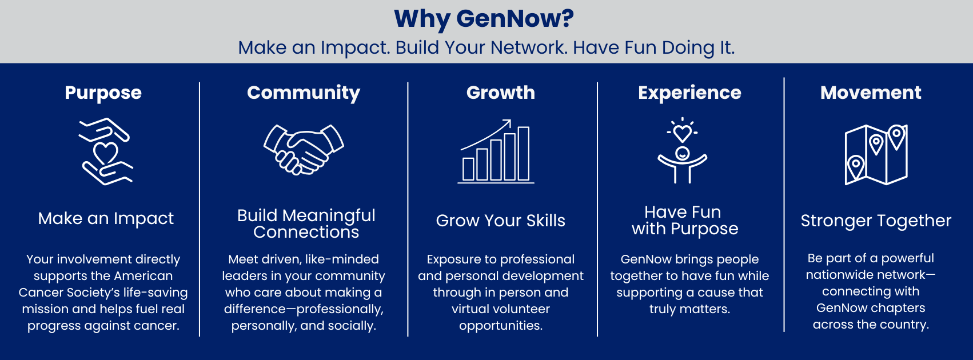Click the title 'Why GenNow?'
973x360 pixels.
484,19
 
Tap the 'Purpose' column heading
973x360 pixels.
103,93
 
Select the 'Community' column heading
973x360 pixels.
304,93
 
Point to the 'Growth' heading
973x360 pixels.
501,93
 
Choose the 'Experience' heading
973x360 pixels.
690,93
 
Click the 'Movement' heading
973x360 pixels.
871,93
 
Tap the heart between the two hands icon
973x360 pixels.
106,153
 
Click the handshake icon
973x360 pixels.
304,149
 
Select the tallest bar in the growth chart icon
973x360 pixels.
524,153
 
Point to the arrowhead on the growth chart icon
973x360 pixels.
507,123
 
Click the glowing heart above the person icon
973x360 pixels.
682,133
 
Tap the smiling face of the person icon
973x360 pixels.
683,153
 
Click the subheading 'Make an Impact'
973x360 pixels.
106,218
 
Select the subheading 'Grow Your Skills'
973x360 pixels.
500,221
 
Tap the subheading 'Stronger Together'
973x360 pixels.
876,221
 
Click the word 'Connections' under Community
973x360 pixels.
306,232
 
